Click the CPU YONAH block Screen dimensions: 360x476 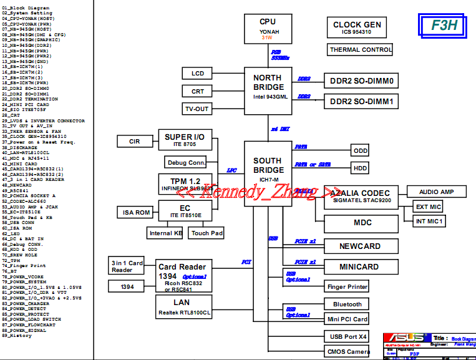tap(268, 29)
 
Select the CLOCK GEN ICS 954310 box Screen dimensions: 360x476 tap(357, 28)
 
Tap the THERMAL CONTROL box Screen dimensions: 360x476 tap(361, 50)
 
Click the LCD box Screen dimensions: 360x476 tap(198, 74)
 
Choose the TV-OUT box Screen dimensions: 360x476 tap(197, 109)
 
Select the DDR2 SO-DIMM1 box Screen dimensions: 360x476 tap(361, 101)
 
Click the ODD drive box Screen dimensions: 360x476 tap(360, 151)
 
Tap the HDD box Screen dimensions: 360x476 tap(360, 168)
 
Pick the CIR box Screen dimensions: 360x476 tap(135, 142)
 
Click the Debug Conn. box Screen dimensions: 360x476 tap(186, 163)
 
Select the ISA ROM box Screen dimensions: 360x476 tap(135, 212)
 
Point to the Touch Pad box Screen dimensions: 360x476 tap(207, 233)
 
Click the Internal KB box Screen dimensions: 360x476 tap(165, 233)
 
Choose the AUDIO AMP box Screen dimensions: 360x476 tap(437, 192)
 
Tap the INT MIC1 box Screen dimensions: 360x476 tap(429, 221)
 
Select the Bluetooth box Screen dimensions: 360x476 tap(347, 304)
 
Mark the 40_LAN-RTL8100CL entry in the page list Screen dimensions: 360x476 tap(26, 152)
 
